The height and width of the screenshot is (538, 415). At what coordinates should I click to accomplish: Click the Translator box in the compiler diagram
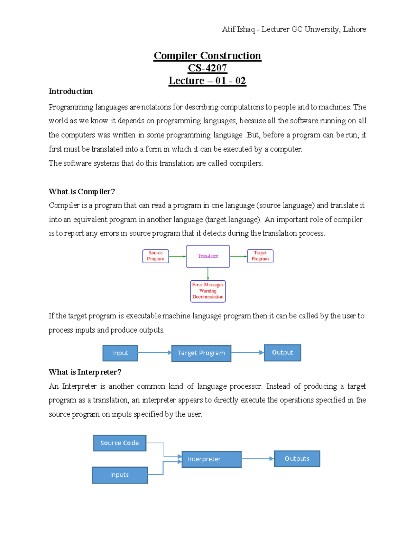click(208, 256)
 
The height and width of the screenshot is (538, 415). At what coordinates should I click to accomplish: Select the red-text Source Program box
click(156, 256)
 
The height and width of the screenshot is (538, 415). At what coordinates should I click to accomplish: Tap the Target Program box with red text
click(260, 256)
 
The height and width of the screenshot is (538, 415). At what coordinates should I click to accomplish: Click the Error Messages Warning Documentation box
click(208, 291)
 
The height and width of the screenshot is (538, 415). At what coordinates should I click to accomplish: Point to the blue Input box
click(120, 353)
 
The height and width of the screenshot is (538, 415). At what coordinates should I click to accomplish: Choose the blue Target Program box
click(201, 353)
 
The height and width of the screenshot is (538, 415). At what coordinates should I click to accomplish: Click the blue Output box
click(283, 353)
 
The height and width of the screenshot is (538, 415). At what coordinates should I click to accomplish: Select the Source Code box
click(120, 443)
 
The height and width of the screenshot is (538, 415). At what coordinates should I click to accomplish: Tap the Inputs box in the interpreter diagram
click(120, 475)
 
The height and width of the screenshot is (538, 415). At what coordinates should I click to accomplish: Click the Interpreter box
click(211, 459)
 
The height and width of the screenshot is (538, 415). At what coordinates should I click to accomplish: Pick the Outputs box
click(297, 459)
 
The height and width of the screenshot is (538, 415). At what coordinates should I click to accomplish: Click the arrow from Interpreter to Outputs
click(257, 459)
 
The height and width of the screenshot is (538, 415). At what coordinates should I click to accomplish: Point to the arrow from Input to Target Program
click(154, 353)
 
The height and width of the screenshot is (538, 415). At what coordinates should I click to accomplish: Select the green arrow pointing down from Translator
click(208, 274)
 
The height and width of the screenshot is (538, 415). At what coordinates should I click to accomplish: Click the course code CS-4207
click(207, 68)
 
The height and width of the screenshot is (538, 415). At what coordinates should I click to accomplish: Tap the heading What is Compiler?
click(82, 192)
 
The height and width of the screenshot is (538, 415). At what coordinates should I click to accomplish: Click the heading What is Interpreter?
click(85, 372)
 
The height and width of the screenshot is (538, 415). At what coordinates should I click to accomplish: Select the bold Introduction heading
click(71, 91)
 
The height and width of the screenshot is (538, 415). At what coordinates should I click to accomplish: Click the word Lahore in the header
click(354, 29)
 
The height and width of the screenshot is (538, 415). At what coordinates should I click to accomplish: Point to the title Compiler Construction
click(207, 55)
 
